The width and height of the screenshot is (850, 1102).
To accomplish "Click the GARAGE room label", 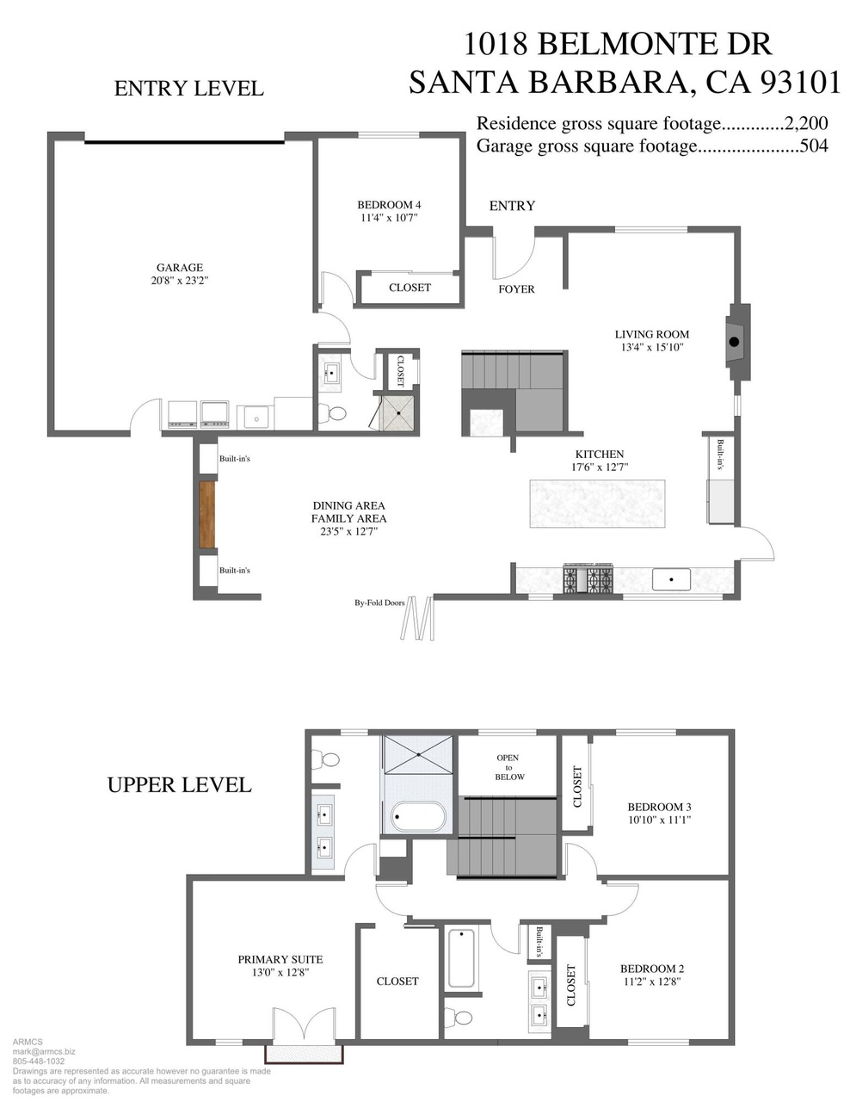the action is pyautogui.click(x=179, y=267).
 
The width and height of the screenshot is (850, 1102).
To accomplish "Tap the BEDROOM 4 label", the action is pyautogui.click(x=389, y=205).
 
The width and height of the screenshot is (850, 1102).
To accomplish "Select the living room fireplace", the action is pyautogui.click(x=737, y=342).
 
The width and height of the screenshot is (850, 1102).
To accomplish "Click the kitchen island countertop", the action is pyautogui.click(x=597, y=504).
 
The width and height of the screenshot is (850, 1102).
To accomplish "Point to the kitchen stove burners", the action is pyautogui.click(x=588, y=579).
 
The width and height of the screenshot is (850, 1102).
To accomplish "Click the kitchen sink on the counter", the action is pyautogui.click(x=671, y=579).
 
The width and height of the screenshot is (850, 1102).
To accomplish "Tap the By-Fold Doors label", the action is pyautogui.click(x=379, y=603).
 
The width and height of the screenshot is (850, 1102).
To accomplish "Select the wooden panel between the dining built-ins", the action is pyautogui.click(x=206, y=514).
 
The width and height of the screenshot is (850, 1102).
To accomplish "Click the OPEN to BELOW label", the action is pyautogui.click(x=508, y=767).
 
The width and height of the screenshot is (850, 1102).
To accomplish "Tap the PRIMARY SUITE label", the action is pyautogui.click(x=280, y=959).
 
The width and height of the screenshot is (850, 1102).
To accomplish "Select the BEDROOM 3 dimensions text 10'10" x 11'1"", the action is pyautogui.click(x=660, y=820).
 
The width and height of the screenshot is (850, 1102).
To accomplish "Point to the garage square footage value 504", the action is pyautogui.click(x=814, y=146).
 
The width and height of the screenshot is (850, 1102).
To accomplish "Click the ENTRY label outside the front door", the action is pyautogui.click(x=512, y=206).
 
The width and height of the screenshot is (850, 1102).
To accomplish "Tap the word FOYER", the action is pyautogui.click(x=516, y=289).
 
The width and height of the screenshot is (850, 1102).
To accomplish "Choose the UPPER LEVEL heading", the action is pyautogui.click(x=179, y=784).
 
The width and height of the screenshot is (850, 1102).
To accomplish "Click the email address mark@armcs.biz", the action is pyautogui.click(x=44, y=1052).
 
